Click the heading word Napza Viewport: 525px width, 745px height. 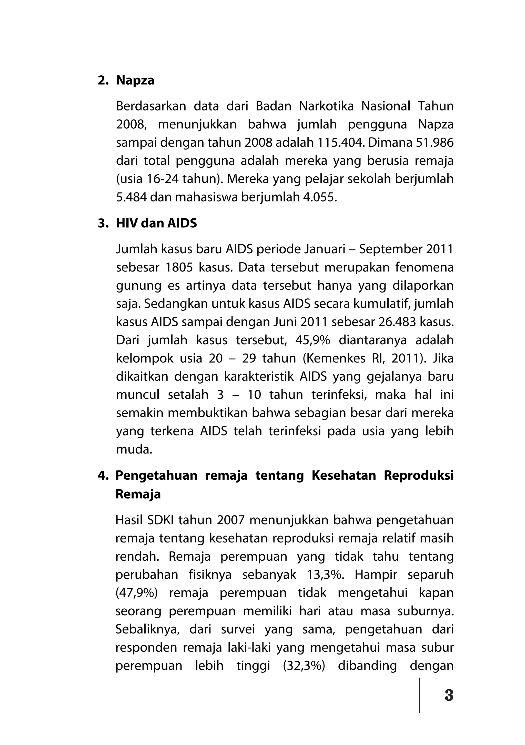135,80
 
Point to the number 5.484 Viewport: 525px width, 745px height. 132,197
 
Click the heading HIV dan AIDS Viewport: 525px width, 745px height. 156,223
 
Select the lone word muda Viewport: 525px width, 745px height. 134,449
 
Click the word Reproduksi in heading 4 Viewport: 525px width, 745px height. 419,475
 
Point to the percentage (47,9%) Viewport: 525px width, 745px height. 137,593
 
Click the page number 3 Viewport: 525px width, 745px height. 449,695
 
